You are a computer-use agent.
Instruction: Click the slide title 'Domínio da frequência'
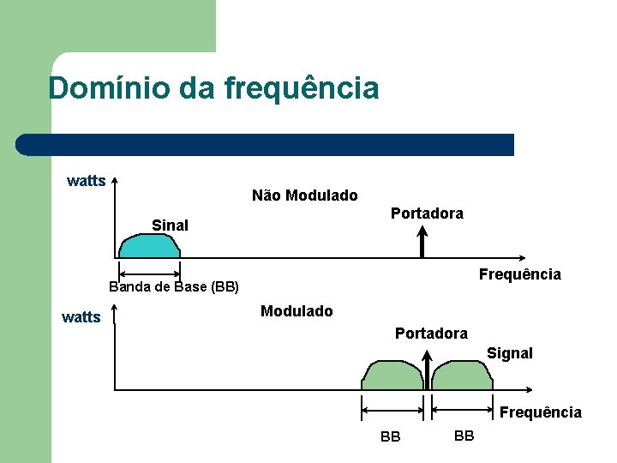pyautogui.click(x=213, y=87)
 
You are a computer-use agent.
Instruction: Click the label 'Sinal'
pyautogui.click(x=170, y=225)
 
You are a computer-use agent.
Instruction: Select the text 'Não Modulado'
pyautogui.click(x=305, y=195)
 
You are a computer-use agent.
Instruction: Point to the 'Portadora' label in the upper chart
pyautogui.click(x=427, y=213)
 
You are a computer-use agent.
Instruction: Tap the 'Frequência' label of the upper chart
pyautogui.click(x=519, y=274)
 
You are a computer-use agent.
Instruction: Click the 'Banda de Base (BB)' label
pyautogui.click(x=174, y=286)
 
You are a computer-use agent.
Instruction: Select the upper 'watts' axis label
pyautogui.click(x=87, y=181)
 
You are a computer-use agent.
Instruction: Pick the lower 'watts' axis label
pyautogui.click(x=81, y=317)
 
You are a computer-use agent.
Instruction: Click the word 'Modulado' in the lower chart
pyautogui.click(x=297, y=311)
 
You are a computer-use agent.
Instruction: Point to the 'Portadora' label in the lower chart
pyautogui.click(x=431, y=334)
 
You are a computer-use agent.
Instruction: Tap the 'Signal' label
pyautogui.click(x=510, y=353)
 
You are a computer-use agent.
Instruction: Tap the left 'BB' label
pyautogui.click(x=390, y=436)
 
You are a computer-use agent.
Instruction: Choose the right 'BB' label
pyautogui.click(x=464, y=436)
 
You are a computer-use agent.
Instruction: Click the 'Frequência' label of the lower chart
pyautogui.click(x=540, y=412)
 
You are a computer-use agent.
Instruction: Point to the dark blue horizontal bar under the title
pyautogui.click(x=266, y=145)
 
